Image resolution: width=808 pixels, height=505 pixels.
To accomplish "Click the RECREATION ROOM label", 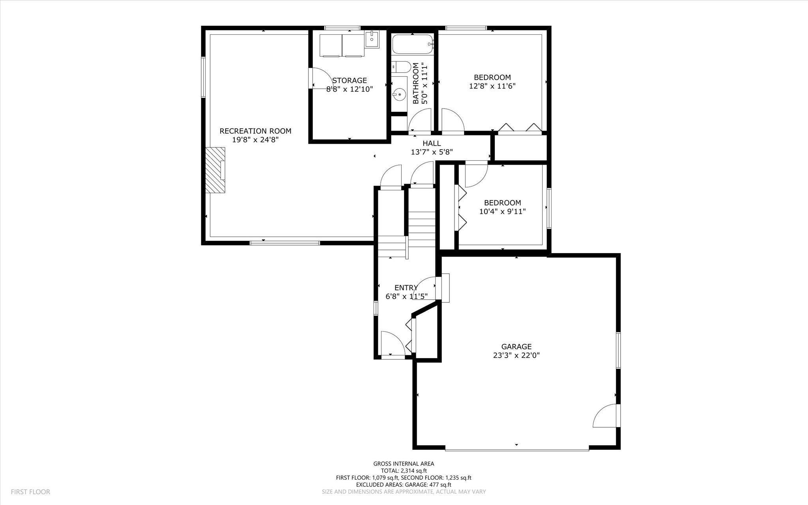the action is pos(255,131).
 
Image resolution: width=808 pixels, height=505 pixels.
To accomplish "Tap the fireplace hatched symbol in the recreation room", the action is pos(215,170).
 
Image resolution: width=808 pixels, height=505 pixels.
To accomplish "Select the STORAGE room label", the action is pos(350,81).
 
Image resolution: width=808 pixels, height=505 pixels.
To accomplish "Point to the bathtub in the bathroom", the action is pos(413,44).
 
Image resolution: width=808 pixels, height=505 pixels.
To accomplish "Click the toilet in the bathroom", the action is pos(402,67).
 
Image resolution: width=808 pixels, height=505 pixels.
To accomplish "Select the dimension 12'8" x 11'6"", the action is pos(492,86).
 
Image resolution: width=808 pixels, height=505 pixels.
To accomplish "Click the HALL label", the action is pos(432,143).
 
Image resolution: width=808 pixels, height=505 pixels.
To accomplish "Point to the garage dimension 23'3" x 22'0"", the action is pos(516,355).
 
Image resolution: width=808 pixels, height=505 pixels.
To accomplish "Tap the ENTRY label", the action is pos(406,288).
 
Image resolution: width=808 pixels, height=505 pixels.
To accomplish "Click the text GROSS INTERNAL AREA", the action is pos(404,464).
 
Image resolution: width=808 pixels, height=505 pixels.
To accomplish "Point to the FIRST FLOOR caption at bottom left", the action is pos(30,492).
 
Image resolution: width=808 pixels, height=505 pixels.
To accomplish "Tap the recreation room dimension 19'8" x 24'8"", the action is pos(255,140).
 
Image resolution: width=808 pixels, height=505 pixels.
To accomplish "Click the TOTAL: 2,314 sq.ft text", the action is pos(404,471).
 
